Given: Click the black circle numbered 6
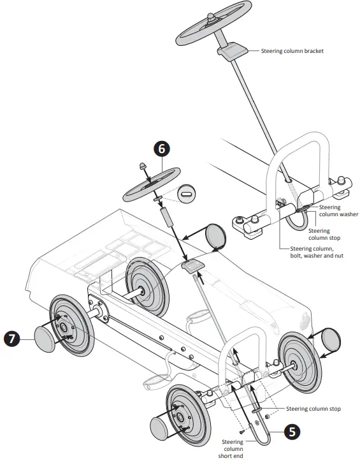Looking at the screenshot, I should (x=161, y=148).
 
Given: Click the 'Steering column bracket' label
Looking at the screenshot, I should (x=292, y=50).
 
